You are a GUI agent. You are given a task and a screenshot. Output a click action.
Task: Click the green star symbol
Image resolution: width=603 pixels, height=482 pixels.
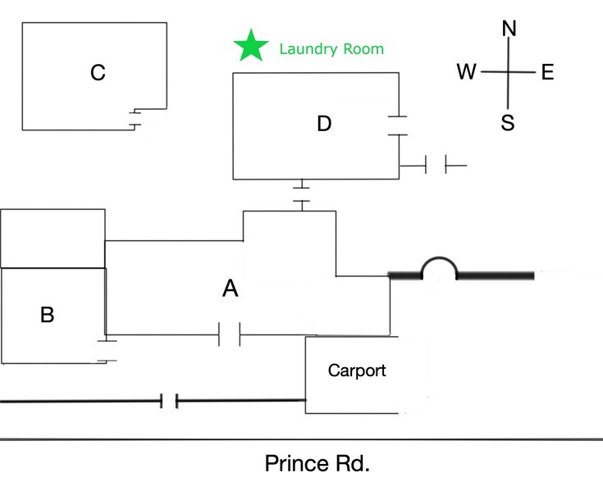pyautogui.click(x=250, y=47)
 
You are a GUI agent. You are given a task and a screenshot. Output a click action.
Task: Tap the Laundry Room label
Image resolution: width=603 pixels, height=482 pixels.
pyautogui.click(x=331, y=49)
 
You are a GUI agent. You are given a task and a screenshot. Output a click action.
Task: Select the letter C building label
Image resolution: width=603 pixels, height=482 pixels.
pyautogui.click(x=98, y=74)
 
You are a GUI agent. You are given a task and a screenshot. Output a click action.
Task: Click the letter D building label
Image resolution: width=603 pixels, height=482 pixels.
pyautogui.click(x=324, y=124)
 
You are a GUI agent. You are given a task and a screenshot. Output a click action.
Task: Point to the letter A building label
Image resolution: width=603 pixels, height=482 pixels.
pyautogui.click(x=231, y=288)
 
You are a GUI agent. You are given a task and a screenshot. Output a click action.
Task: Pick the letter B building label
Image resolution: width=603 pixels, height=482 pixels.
pyautogui.click(x=48, y=314)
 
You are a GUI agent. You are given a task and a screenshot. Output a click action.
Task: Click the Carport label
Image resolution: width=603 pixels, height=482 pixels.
pyautogui.click(x=357, y=371)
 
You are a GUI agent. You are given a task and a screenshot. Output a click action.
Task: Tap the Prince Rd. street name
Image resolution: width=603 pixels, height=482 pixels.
pyautogui.click(x=317, y=463)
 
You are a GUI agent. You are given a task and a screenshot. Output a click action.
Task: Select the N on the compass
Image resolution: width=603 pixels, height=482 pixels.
pyautogui.click(x=509, y=29)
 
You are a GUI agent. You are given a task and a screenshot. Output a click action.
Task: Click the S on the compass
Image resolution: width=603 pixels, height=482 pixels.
pyautogui.click(x=508, y=124)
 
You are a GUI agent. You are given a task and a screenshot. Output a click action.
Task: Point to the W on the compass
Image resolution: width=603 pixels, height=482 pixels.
pyautogui.click(x=467, y=73)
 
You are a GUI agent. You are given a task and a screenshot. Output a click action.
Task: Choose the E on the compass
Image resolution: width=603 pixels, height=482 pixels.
pyautogui.click(x=548, y=73)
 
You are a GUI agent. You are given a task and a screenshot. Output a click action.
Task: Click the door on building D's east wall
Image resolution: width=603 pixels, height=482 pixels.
pyautogui.click(x=397, y=124)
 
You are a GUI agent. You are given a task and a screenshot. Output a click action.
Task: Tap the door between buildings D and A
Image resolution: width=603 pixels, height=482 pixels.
pyautogui.click(x=302, y=194)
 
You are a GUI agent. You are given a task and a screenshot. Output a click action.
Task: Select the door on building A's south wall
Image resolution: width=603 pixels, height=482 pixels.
pyautogui.click(x=230, y=334)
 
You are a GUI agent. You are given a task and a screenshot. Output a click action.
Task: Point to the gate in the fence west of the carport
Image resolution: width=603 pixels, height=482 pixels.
pyautogui.click(x=170, y=401)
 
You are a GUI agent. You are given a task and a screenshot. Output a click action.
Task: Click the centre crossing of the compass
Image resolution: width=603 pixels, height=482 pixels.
pyautogui.click(x=509, y=73)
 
